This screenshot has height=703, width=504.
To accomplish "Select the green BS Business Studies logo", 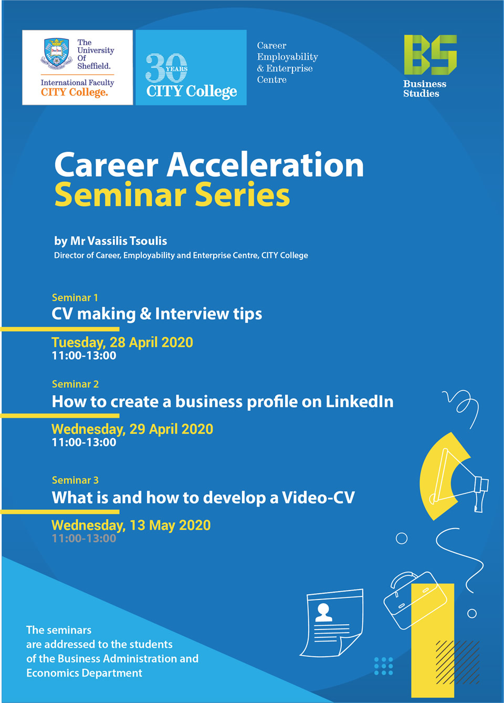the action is click(429, 66).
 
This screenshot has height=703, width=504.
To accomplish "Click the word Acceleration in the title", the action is click(265, 165).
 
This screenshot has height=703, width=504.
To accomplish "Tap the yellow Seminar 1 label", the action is click(75, 297).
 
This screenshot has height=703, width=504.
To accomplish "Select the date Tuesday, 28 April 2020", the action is click(122, 343).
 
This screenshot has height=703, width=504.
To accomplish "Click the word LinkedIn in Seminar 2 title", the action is click(360, 401).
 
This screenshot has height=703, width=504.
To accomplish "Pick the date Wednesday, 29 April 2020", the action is click(132, 429).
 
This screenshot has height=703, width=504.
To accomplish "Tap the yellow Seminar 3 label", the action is click(75, 480).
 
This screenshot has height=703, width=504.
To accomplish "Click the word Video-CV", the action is click(318, 498).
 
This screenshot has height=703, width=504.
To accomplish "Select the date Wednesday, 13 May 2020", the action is click(131, 525).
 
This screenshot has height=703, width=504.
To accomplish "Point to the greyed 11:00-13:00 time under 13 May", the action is click(84, 538).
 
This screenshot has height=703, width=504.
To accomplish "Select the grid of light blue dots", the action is click(384, 666).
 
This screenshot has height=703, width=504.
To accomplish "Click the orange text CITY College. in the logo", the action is click(75, 92).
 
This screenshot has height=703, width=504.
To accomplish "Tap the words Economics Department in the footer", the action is click(85, 673).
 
